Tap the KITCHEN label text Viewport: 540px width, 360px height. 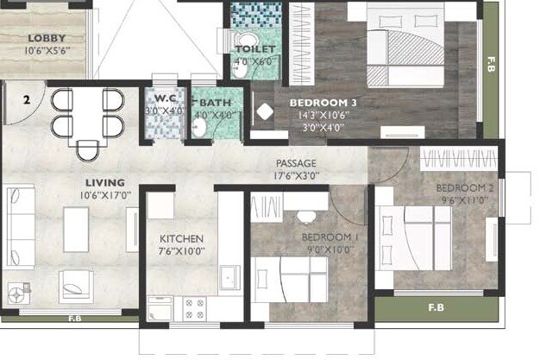pyautogui.click(x=181, y=238)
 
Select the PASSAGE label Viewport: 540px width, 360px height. pyautogui.click(x=296, y=163)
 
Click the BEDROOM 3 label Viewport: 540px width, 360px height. pyautogui.click(x=323, y=102)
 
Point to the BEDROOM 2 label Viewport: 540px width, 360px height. pyautogui.click(x=464, y=188)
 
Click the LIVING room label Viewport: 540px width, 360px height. pyautogui.click(x=104, y=183)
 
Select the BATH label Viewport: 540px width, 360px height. pyautogui.click(x=213, y=102)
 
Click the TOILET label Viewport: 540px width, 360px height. pyautogui.click(x=256, y=50)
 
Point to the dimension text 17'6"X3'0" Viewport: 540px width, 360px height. pyautogui.click(x=296, y=175)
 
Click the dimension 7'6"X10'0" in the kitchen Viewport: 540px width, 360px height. pyautogui.click(x=181, y=251)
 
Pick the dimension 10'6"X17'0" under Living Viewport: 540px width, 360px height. pyautogui.click(x=104, y=195)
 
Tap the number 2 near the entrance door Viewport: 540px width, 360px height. pyautogui.click(x=27, y=100)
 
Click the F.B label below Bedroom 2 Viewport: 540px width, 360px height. pyautogui.click(x=436, y=307)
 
